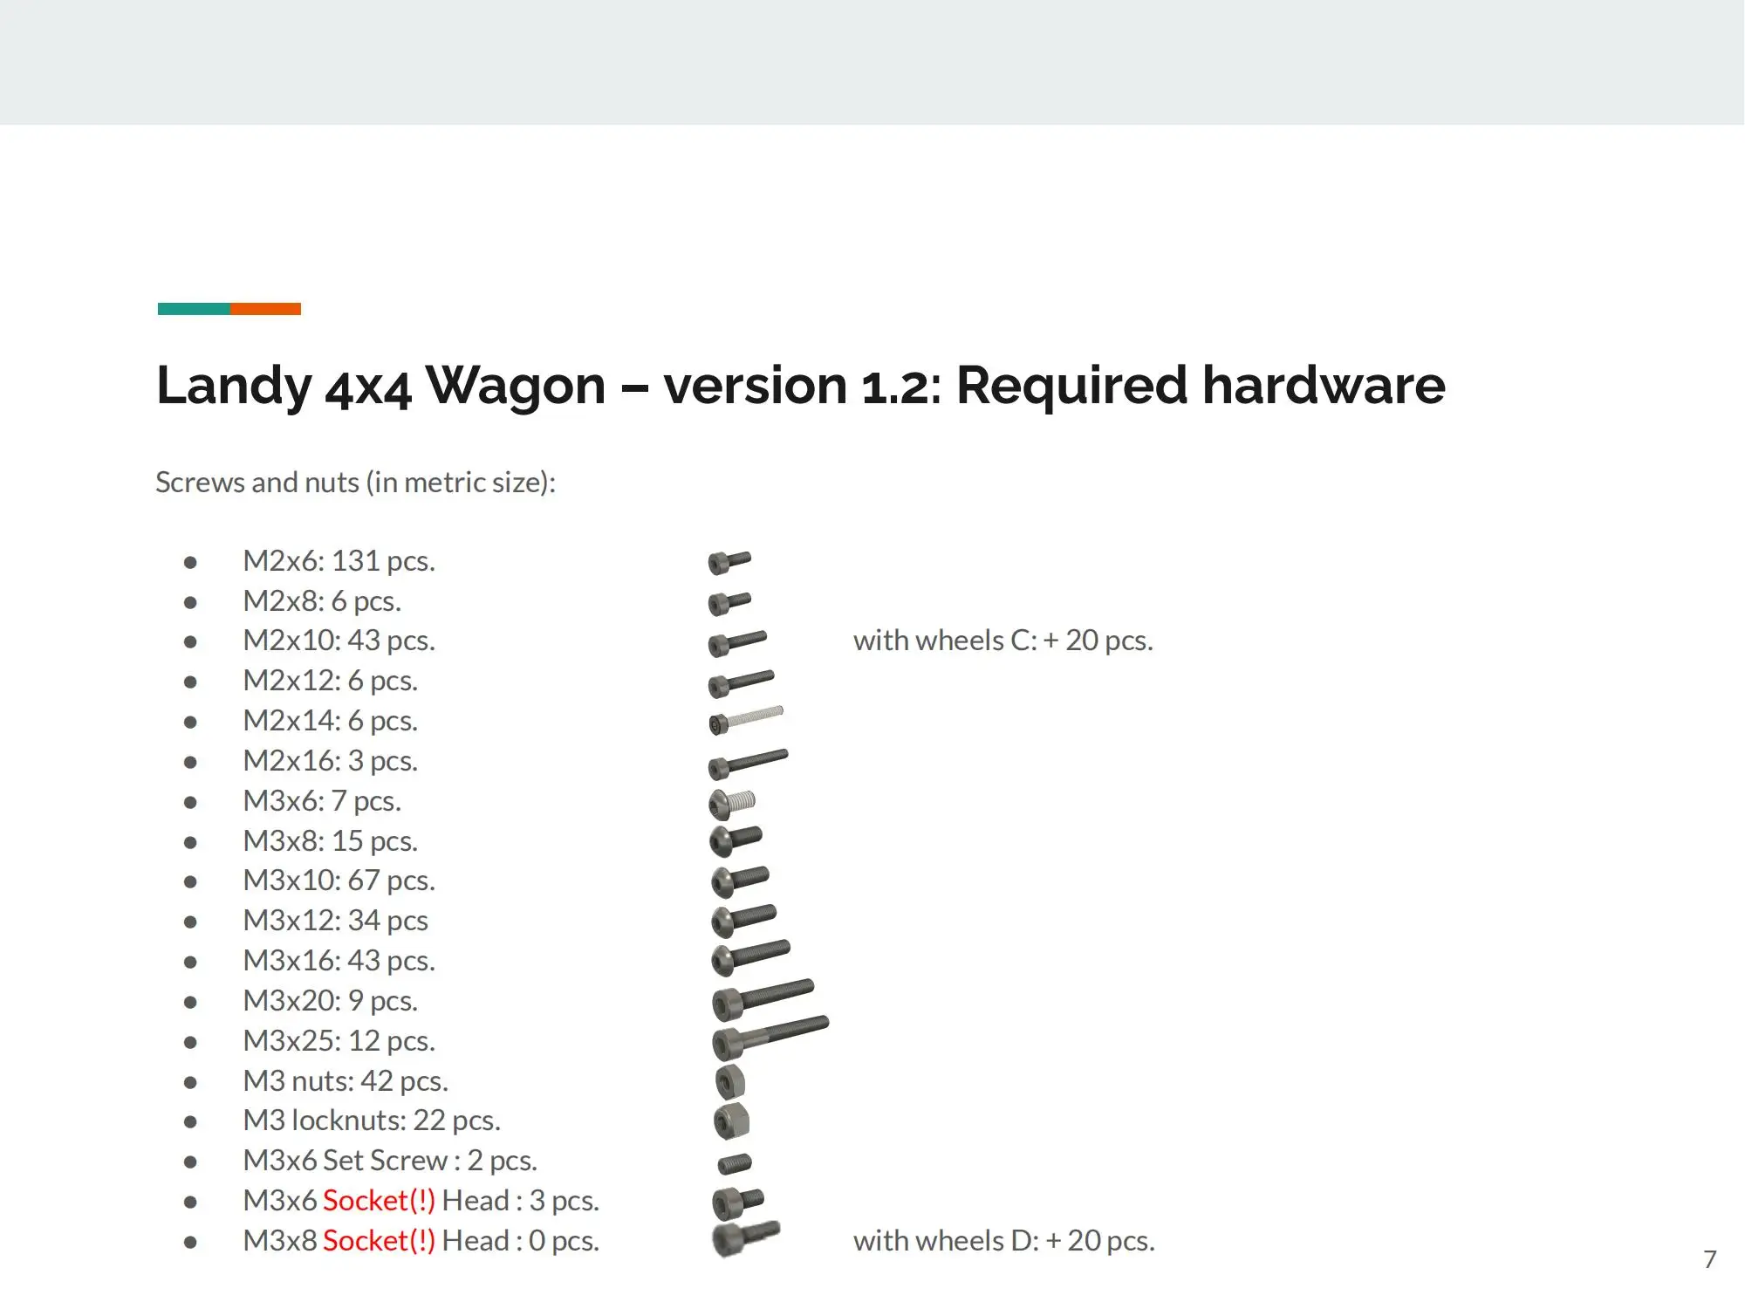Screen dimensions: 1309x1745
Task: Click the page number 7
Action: (x=1709, y=1259)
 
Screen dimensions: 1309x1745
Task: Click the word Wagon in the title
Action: (x=516, y=385)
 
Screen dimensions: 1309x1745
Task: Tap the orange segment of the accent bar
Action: (x=265, y=309)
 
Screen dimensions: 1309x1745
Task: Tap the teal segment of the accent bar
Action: (x=194, y=309)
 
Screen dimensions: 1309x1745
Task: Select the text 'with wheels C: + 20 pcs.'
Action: (x=1003, y=641)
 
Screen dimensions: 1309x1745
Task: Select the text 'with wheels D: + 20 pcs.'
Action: (x=1003, y=1240)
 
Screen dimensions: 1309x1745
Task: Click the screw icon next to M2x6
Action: (x=729, y=562)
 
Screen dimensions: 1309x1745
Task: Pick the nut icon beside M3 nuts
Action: (x=729, y=1082)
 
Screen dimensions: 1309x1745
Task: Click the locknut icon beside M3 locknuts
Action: (x=731, y=1121)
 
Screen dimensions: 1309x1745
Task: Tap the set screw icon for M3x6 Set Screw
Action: (x=734, y=1163)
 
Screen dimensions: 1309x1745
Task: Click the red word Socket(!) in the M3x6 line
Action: (x=379, y=1201)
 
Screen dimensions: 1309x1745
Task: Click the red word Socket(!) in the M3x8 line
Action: (x=379, y=1240)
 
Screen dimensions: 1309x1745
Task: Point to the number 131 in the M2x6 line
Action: (x=356, y=560)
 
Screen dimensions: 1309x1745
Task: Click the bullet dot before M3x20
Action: (x=190, y=1002)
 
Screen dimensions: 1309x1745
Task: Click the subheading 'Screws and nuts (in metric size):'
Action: (x=355, y=482)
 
